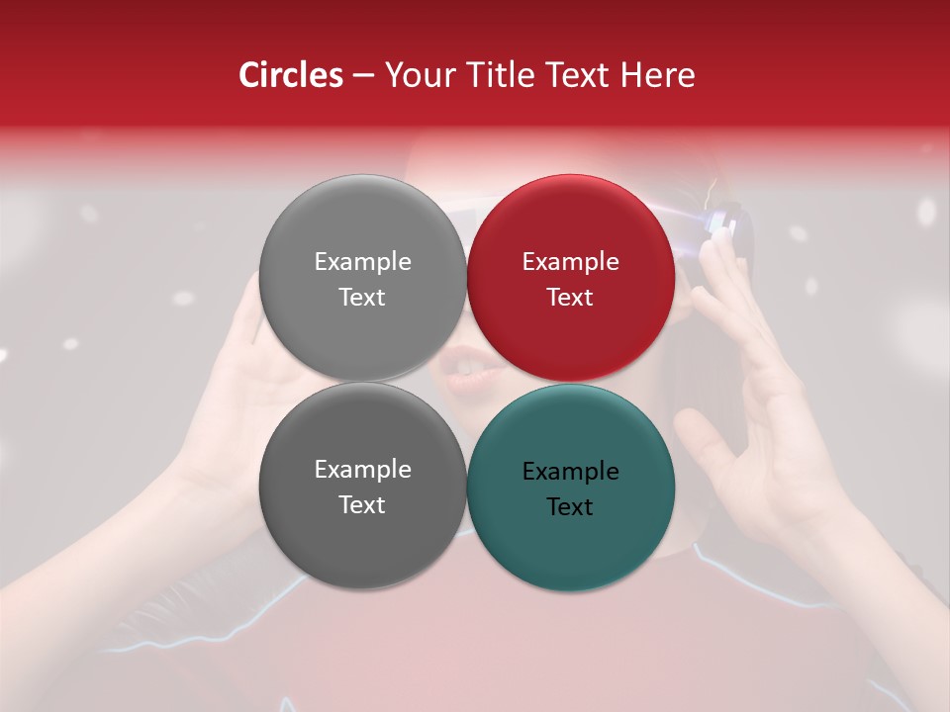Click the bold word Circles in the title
[x=290, y=75]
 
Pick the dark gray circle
[x=362, y=534]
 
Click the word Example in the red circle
[x=570, y=261]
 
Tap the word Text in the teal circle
[x=570, y=506]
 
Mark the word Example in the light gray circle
[x=362, y=261]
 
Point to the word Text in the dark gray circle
[x=362, y=504]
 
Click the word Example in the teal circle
[x=570, y=471]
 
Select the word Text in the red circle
[x=570, y=297]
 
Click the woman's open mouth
[x=463, y=368]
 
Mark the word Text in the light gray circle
[x=362, y=297]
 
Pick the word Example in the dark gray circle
[x=362, y=469]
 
